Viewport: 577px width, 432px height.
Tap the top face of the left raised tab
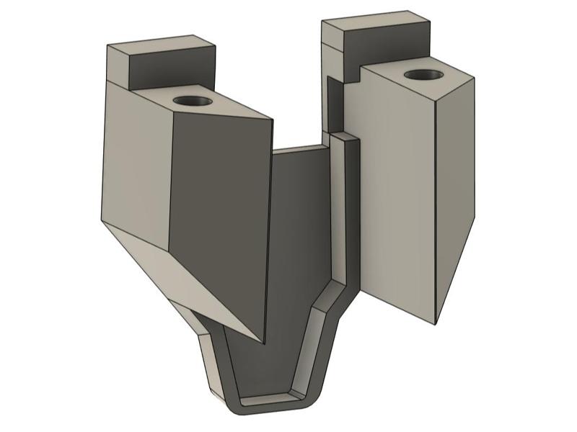[160, 42]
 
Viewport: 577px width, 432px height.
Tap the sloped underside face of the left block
[180, 281]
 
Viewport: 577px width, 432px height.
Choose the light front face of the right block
[397, 187]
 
